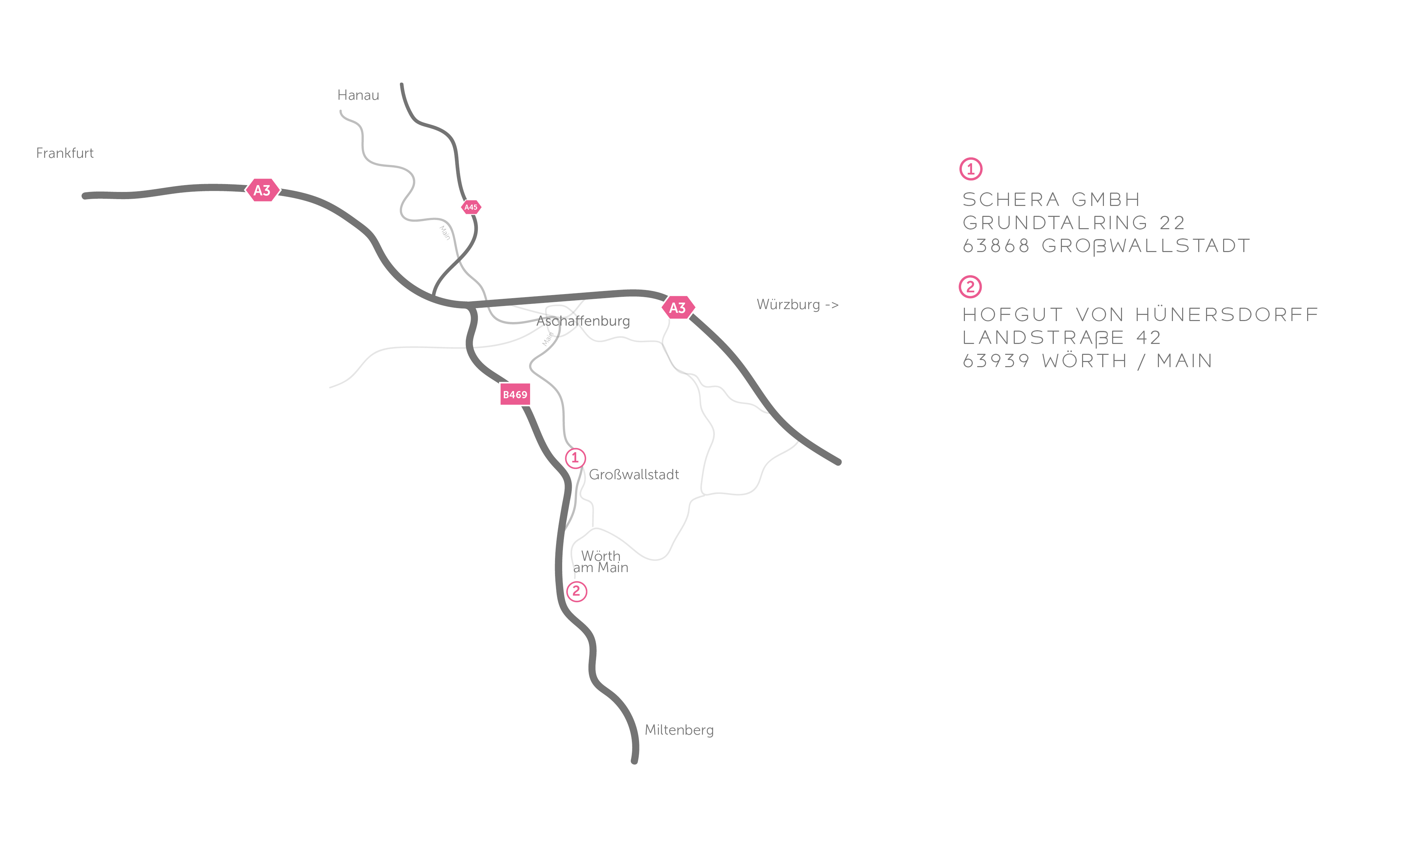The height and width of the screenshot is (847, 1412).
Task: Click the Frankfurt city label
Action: point(65,153)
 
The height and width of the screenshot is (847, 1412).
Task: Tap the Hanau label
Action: point(358,95)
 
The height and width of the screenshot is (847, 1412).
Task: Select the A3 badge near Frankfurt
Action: point(262,190)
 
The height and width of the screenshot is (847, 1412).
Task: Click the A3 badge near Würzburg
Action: point(677,308)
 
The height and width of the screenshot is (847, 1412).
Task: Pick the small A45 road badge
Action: point(471,207)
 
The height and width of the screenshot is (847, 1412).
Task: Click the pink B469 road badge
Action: point(515,394)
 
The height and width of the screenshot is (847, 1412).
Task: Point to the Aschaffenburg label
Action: point(583,321)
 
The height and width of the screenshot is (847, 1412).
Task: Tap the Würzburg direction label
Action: point(797,305)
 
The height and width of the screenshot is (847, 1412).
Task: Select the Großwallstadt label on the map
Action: point(634,475)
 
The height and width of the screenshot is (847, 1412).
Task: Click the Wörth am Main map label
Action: point(600,561)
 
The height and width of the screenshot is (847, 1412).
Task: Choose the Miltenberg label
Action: point(679,730)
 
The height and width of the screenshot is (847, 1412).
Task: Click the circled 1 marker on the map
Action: point(575,458)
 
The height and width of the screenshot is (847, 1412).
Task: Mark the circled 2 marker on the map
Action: point(577,591)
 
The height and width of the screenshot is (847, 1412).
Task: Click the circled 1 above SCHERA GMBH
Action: point(970,169)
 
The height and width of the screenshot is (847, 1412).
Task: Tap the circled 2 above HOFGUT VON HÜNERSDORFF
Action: point(970,287)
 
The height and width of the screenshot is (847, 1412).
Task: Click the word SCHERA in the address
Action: point(1011,200)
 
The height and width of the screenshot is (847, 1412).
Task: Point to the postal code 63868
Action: point(996,246)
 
